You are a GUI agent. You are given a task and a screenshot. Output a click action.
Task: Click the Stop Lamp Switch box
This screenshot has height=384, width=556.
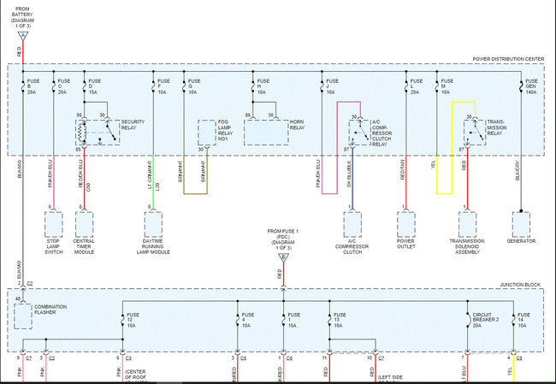point(54,223)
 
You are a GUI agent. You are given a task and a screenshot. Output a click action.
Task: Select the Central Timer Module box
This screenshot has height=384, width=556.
point(85,223)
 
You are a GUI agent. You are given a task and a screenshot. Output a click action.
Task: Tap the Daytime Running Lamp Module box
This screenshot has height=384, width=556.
point(153,223)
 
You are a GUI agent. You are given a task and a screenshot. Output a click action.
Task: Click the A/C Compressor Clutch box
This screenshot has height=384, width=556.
point(352,224)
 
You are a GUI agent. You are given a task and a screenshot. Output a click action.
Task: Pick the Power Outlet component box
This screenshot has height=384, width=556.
point(406,224)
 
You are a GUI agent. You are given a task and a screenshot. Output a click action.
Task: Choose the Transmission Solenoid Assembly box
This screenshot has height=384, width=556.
point(467,224)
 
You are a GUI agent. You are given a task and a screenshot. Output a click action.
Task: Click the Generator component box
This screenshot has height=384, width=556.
point(521,224)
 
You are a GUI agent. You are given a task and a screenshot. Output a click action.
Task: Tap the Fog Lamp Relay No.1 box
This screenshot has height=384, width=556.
point(208,133)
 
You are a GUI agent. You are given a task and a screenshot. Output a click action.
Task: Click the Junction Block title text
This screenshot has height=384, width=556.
point(522,284)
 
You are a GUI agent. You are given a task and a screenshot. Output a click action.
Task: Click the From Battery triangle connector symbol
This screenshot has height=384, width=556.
point(23,35)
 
